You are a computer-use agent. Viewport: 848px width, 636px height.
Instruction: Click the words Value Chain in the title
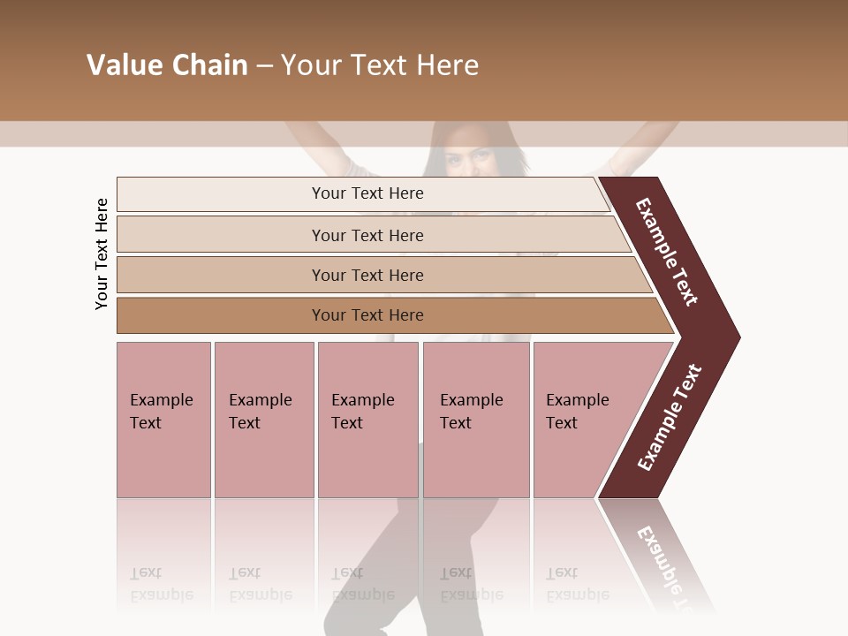[x=167, y=65]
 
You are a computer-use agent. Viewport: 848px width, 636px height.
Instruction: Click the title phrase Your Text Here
[x=380, y=65]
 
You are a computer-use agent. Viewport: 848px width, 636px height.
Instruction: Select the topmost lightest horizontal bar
[x=221, y=194]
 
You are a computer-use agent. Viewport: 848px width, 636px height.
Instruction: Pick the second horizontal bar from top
[x=221, y=235]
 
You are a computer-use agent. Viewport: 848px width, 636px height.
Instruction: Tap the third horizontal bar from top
[x=221, y=275]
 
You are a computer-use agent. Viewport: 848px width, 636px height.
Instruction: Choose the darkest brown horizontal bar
[x=221, y=315]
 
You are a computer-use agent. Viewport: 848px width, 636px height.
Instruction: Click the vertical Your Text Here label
[x=102, y=254]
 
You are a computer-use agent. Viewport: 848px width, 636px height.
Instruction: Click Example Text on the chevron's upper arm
[x=667, y=252]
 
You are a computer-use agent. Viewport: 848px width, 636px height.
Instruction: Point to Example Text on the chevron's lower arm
[x=669, y=418]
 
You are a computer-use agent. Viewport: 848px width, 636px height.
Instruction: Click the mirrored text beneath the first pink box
[x=161, y=584]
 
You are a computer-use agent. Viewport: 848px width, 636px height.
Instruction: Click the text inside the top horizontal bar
[x=367, y=193]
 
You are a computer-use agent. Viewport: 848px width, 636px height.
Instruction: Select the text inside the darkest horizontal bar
[x=367, y=315]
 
